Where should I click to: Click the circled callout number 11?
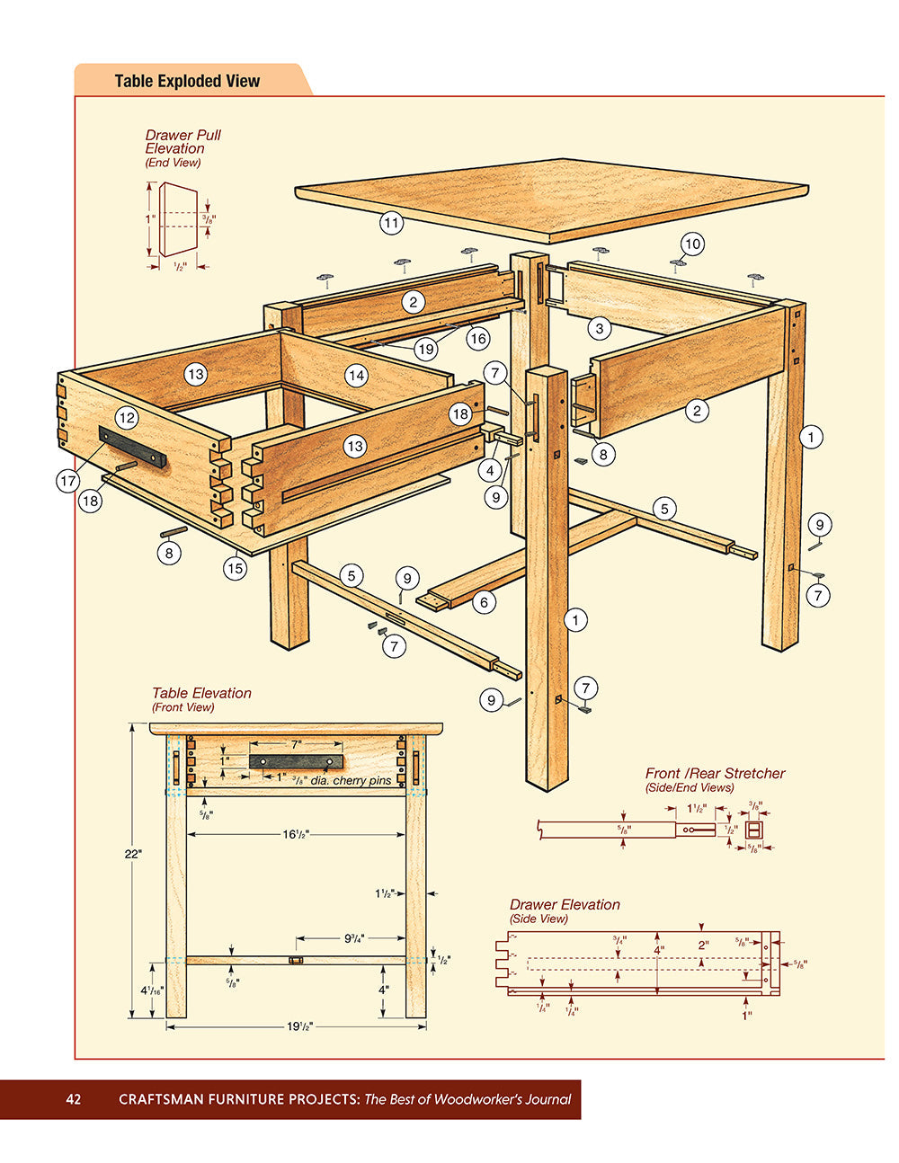point(391,222)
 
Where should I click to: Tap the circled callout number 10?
point(691,244)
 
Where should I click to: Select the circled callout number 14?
point(357,375)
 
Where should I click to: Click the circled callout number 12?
point(127,417)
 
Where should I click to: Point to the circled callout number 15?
point(235,568)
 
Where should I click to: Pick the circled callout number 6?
point(484,602)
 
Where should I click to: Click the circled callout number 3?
point(600,328)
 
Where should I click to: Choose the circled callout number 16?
point(477,338)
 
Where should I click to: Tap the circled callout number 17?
point(68,481)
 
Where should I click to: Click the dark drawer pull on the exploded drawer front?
point(133,448)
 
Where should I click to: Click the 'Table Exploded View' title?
point(187,81)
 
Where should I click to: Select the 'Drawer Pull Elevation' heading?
point(182,142)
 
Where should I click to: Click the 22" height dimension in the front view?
point(133,854)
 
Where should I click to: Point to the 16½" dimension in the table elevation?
point(296,835)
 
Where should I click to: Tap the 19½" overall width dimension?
point(299,1026)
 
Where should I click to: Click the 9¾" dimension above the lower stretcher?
point(353,938)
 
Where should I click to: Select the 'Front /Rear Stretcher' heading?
point(715,773)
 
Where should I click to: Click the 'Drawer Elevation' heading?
point(565,904)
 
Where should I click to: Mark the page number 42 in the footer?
point(74,1099)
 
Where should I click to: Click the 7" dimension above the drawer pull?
point(296,744)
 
